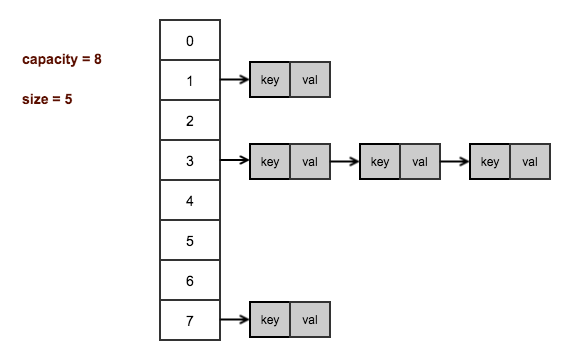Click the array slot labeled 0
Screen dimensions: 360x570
coord(190,41)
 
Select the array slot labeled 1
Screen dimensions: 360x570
coord(190,81)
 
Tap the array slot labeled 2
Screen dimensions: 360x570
coord(190,121)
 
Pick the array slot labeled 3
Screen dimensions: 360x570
coord(190,161)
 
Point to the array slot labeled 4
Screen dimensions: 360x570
coord(190,201)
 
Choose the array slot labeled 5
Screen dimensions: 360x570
coord(190,241)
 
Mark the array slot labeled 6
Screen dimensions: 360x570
coord(190,281)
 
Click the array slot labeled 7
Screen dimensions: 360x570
coord(190,321)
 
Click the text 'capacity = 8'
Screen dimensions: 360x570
coord(62,60)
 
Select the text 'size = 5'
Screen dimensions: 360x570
coord(47,100)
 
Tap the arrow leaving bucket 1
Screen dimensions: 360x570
coord(234,80)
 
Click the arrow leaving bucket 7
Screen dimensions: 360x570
coord(234,320)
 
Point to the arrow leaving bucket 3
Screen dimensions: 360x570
coord(234,160)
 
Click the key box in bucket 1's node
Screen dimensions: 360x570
coord(270,80)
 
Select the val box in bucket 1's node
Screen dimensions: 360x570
coord(309,80)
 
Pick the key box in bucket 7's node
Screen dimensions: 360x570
coord(270,320)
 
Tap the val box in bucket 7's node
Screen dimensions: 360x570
coord(309,320)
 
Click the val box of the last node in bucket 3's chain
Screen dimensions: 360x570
coord(529,160)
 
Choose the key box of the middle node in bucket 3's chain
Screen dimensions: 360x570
coord(380,160)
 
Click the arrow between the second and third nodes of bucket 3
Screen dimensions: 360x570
coord(454,160)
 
